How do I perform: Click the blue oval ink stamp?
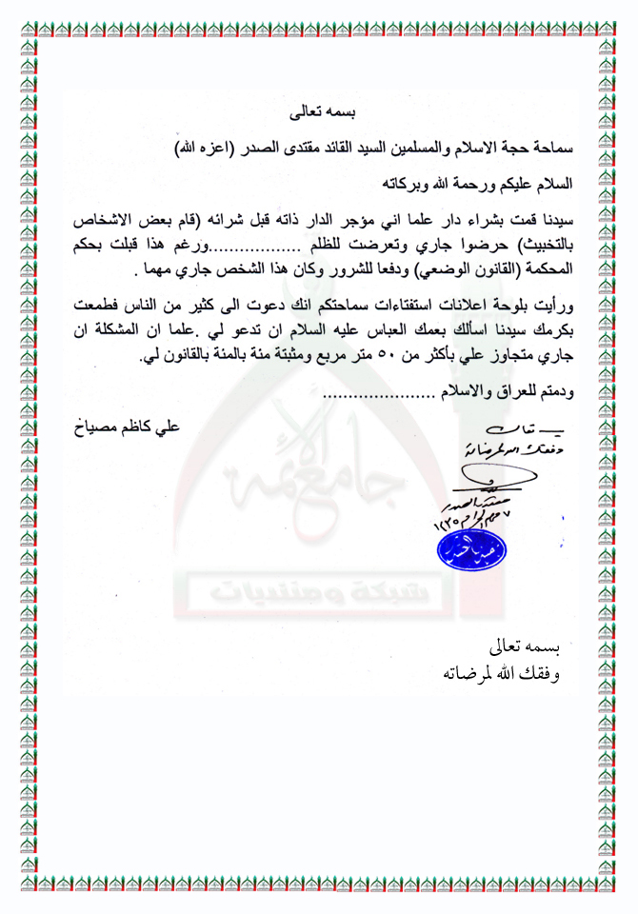471,547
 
